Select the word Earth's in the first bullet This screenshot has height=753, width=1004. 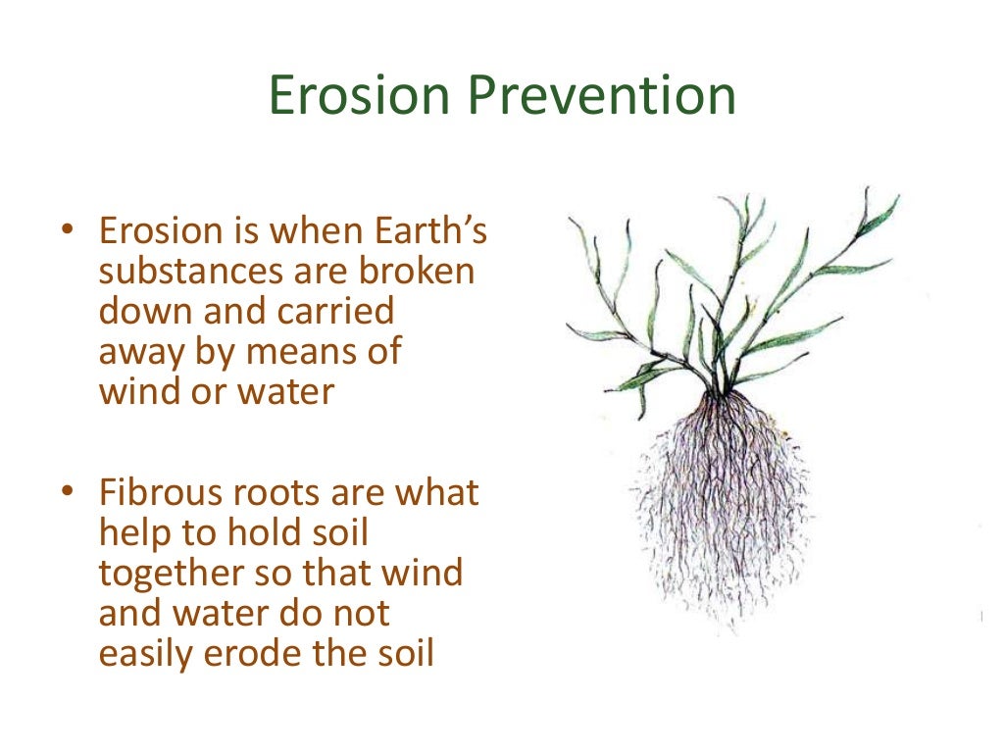(432, 232)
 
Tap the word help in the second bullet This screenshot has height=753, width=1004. (133, 533)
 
